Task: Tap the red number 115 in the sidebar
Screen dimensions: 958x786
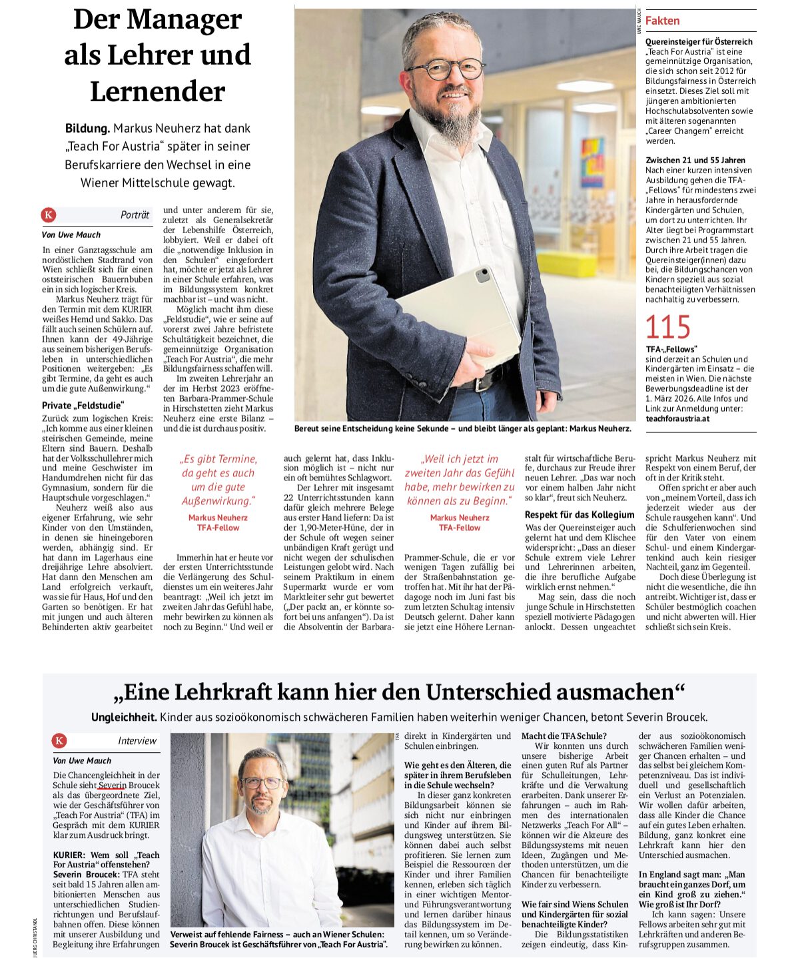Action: [x=667, y=328]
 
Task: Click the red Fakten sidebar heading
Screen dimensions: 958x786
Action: [x=662, y=21]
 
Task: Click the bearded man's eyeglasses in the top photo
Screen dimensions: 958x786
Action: [x=445, y=69]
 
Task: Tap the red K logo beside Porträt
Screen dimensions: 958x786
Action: [x=49, y=215]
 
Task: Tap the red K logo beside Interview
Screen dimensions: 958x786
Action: [x=59, y=741]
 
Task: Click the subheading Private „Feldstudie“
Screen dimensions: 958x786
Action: [x=83, y=405]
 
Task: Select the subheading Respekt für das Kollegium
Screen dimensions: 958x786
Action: [x=580, y=514]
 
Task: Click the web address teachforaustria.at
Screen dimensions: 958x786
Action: [x=677, y=418]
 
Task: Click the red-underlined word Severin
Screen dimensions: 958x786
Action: [x=112, y=785]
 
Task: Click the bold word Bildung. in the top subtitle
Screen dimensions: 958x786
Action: [x=87, y=128]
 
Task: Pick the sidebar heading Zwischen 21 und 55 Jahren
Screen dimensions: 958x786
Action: [x=695, y=160]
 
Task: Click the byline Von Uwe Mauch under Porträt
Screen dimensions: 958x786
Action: [x=71, y=235]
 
